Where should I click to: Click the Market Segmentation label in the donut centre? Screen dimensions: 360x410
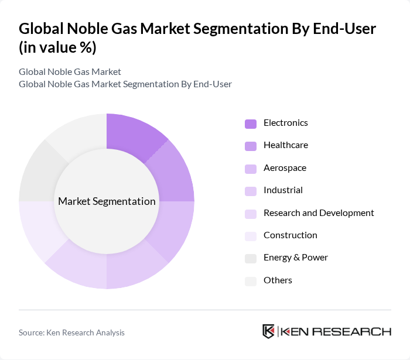tap(107, 201)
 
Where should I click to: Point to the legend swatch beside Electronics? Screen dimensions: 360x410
tap(251, 124)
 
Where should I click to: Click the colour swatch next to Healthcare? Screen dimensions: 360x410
tap(251, 146)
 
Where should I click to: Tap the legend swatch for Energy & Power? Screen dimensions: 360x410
tap(251, 258)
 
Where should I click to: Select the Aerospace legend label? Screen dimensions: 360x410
tap(285, 168)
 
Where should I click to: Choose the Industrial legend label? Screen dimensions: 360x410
tap(283, 190)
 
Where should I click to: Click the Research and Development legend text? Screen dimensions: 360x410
tap(319, 213)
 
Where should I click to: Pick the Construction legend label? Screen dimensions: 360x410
tap(290, 235)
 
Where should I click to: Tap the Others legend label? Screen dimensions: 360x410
tap(278, 280)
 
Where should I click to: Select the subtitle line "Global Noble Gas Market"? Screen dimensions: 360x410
tap(70, 72)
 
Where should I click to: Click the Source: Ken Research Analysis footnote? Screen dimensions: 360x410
tap(71, 332)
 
